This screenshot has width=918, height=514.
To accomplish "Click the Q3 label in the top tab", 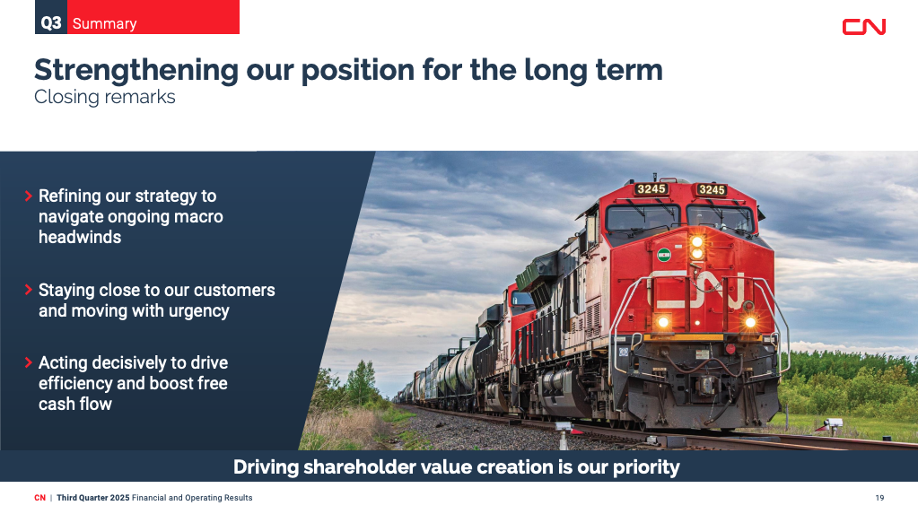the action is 51,23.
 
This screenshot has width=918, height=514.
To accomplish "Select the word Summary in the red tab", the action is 105,24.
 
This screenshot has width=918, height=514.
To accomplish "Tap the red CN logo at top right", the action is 863,27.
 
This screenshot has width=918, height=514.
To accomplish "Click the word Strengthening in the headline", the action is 136,71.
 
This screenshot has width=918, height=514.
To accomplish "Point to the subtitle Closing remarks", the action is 105,97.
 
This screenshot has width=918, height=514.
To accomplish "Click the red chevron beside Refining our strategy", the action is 28,196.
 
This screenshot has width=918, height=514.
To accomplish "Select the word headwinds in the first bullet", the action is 80,237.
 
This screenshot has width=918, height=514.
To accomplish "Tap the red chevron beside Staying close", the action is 28,290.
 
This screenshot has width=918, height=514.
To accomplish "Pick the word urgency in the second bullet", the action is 199,311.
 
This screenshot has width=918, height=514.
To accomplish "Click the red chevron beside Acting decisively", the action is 28,362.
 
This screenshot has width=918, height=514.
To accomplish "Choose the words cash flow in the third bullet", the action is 75,404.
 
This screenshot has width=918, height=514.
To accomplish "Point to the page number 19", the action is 879,498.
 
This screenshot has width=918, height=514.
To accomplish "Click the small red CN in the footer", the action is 39,498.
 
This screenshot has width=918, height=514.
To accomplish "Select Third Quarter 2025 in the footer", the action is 93,498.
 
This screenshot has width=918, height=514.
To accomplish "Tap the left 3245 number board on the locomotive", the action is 651,188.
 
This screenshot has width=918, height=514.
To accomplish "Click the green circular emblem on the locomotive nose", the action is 664,256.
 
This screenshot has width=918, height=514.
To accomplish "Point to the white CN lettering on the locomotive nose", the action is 699,290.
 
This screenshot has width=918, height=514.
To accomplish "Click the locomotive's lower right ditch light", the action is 750,322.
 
